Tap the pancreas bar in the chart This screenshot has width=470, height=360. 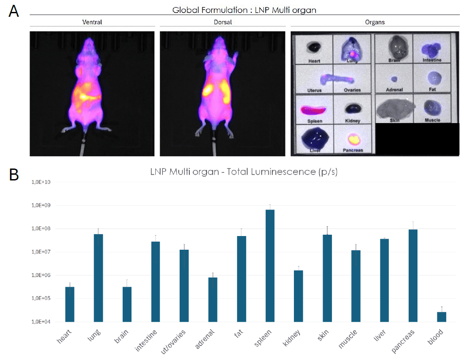coord(413,275)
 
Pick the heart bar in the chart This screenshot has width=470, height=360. coord(70,304)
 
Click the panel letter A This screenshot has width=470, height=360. coord(14,11)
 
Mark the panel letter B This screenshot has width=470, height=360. coord(14,175)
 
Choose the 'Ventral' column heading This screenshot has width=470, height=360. coord(92,22)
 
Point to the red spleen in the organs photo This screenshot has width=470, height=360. coord(313,110)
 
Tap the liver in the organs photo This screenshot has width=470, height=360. coord(314,139)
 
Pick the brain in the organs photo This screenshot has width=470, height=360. coord(394,45)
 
